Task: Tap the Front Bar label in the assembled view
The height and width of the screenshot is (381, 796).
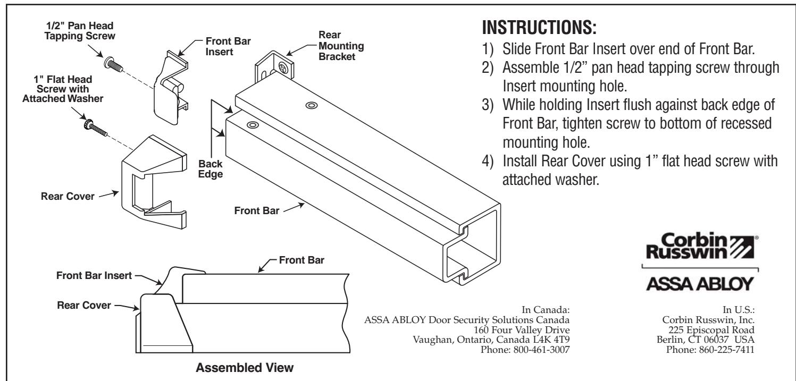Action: (x=316, y=260)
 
